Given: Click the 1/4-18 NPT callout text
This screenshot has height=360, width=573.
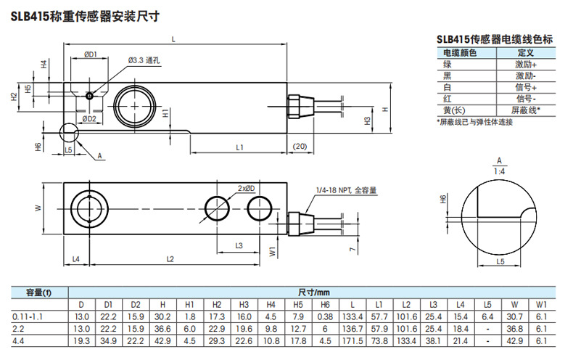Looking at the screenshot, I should point(347,190).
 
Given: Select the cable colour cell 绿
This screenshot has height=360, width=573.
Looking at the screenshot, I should point(448,65).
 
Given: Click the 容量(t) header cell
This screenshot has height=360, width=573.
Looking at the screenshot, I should point(38,292).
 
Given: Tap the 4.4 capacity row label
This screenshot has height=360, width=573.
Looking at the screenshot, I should point(18,340).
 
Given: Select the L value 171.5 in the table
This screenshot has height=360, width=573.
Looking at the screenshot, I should point(352,340).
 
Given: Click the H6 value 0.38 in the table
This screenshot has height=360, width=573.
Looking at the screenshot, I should point(325,317).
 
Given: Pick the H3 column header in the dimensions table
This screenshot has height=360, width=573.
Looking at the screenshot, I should point(244,306).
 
